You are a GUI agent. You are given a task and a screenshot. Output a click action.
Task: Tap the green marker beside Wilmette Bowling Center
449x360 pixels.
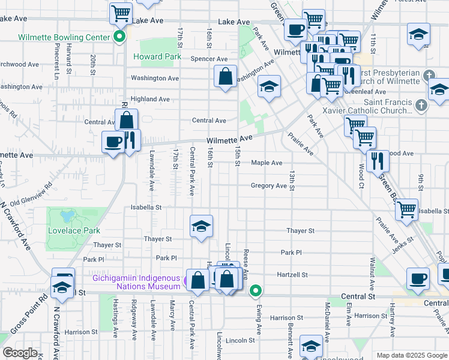(119, 37)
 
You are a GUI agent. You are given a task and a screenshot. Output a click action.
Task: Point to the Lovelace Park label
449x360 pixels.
(74, 230)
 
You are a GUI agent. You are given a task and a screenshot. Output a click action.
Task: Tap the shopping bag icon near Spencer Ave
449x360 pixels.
(225, 77)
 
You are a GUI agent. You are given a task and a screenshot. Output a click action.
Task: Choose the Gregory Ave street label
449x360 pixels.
(269, 186)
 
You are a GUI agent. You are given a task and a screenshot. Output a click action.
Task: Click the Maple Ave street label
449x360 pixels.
(267, 163)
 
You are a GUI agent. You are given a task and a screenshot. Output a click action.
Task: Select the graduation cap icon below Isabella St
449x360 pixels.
(202, 226)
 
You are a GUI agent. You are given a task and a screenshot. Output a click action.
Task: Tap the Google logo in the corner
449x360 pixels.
(20, 353)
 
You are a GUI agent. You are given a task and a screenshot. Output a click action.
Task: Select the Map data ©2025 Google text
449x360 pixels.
(411, 355)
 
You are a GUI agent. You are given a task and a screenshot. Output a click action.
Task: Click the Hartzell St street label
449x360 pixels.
(292, 275)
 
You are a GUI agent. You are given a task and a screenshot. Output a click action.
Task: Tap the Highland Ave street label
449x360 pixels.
(150, 99)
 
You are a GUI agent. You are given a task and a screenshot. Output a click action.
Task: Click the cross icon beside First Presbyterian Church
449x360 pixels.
(427, 77)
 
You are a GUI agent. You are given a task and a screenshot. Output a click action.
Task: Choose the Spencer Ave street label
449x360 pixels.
(209, 59)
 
